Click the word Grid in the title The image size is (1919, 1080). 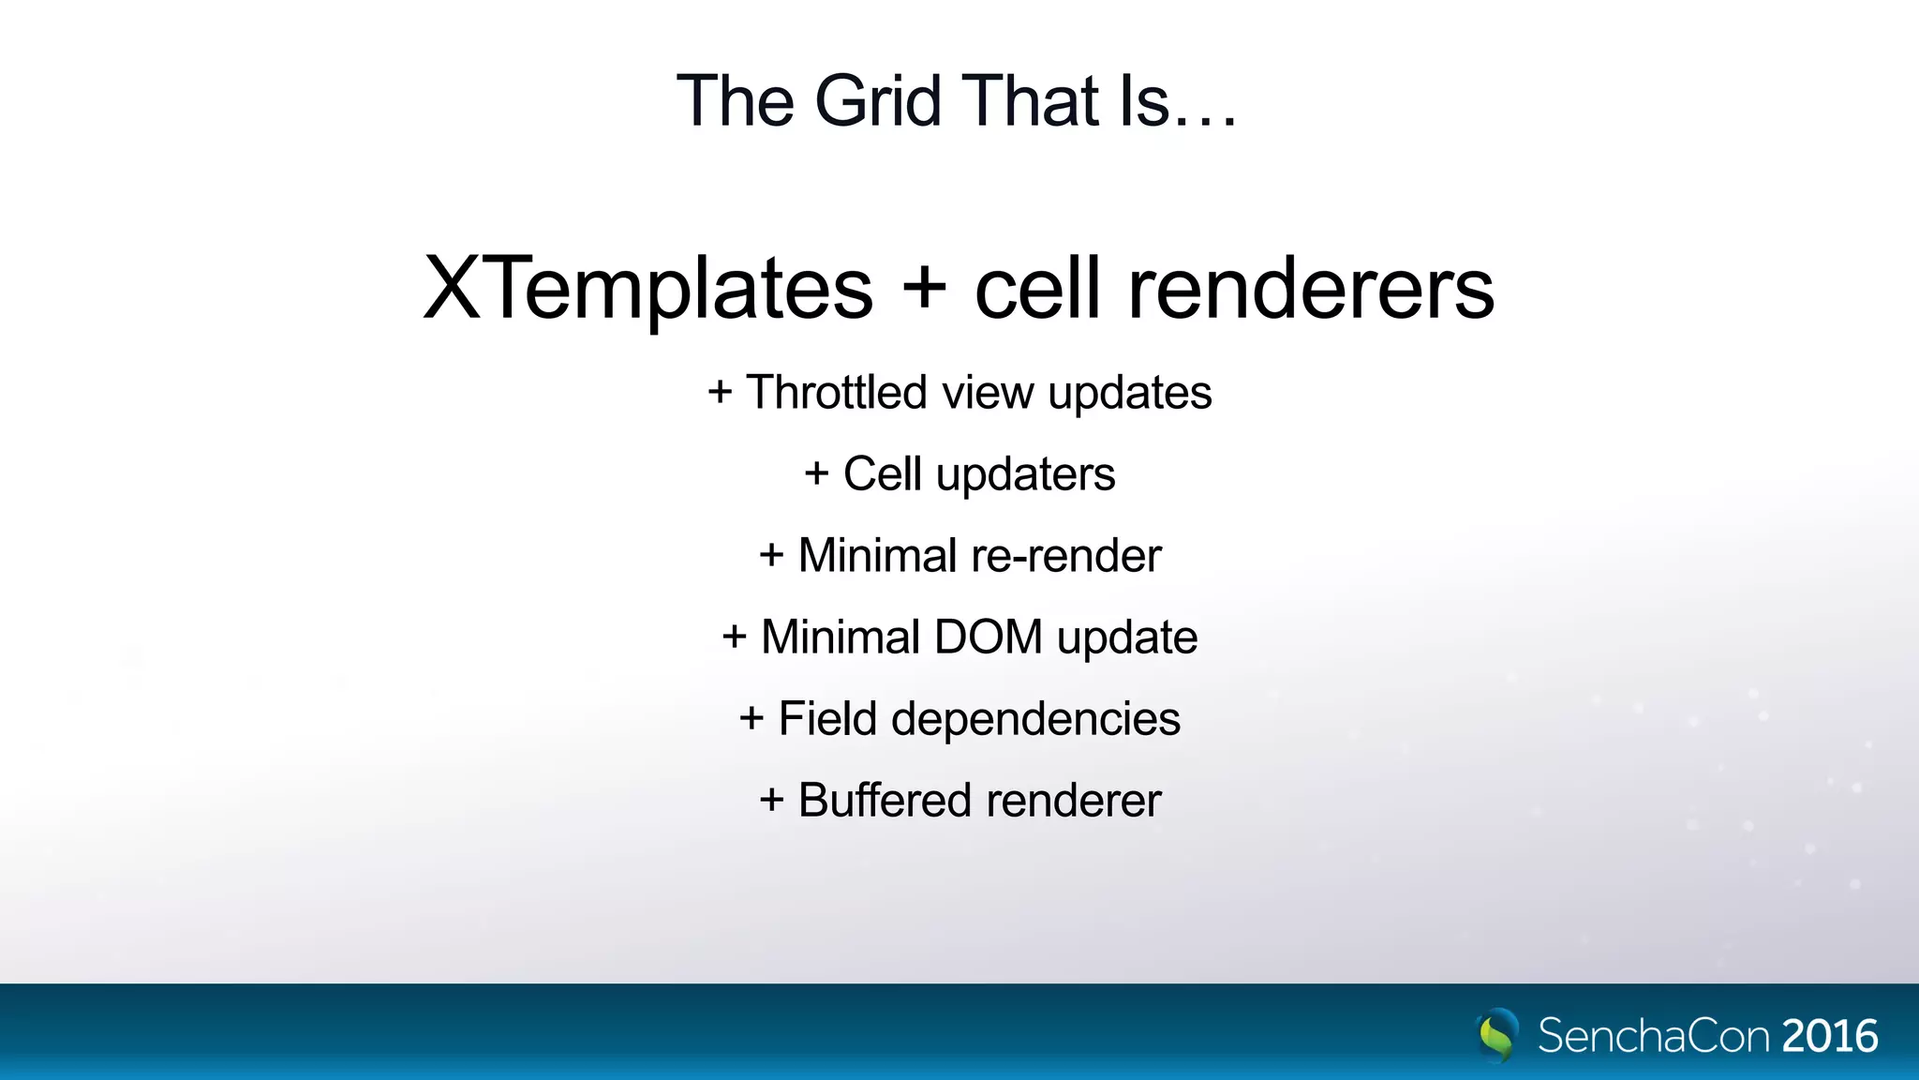pyautogui.click(x=877, y=101)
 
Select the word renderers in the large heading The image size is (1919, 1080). pyautogui.click(x=1311, y=289)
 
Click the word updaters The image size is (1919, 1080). pyautogui.click(x=1026, y=474)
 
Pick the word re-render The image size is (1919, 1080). pyautogui.click(x=1066, y=556)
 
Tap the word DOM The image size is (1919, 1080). pyautogui.click(x=989, y=637)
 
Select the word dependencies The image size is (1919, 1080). pyautogui.click(x=1035, y=720)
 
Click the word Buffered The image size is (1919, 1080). pyautogui.click(x=885, y=801)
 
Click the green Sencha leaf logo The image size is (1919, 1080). pyautogui.click(x=1497, y=1034)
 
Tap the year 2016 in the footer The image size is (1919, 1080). pyautogui.click(x=1830, y=1036)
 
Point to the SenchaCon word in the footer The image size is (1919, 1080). pyautogui.click(x=1653, y=1036)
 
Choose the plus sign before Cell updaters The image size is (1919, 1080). pyautogui.click(x=817, y=474)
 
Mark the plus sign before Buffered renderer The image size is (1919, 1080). pyautogui.click(x=771, y=801)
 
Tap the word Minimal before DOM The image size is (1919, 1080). pyautogui.click(x=840, y=637)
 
